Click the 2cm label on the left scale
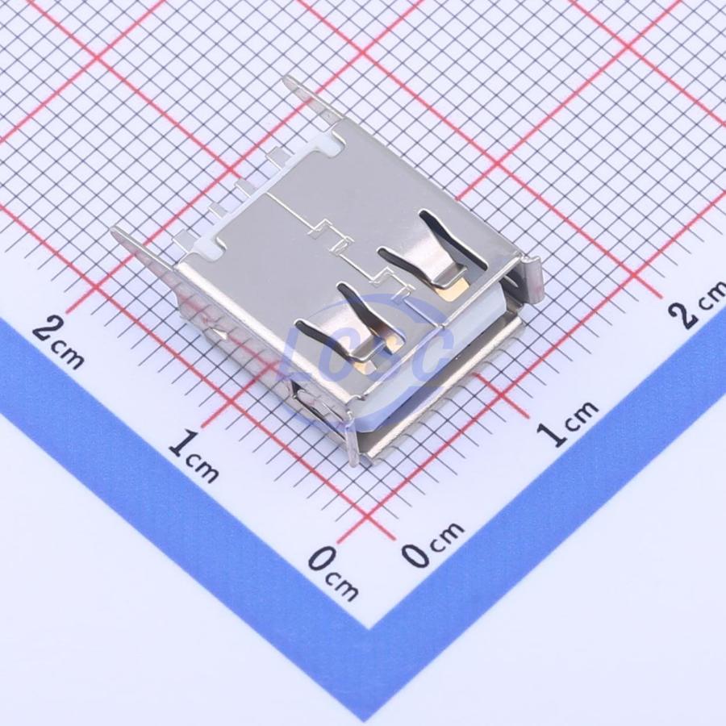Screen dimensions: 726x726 click(x=58, y=342)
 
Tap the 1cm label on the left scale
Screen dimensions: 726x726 click(x=193, y=456)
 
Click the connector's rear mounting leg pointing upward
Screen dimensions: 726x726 click(x=309, y=98)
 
